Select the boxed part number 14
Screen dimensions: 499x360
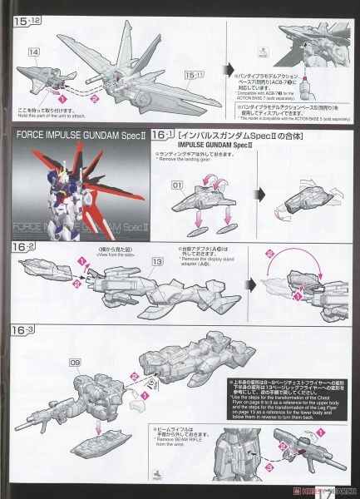[x=34, y=52]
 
